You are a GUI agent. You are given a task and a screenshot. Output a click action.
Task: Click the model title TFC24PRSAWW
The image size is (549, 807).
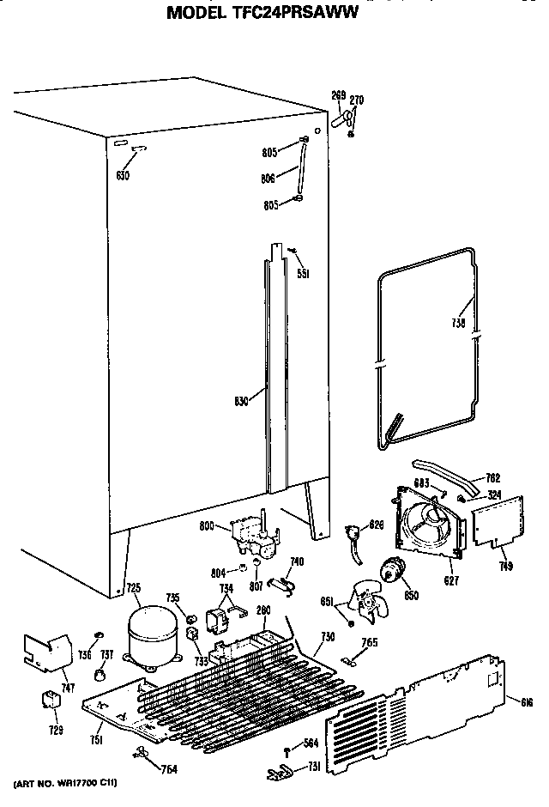(x=262, y=13)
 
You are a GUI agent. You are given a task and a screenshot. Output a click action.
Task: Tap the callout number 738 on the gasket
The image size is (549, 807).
(x=459, y=325)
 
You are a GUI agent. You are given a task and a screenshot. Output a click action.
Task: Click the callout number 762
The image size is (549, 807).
(x=492, y=478)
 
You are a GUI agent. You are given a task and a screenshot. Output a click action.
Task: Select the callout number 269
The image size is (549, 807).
(x=338, y=94)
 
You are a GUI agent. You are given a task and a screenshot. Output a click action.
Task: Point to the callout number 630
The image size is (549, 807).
(x=123, y=175)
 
